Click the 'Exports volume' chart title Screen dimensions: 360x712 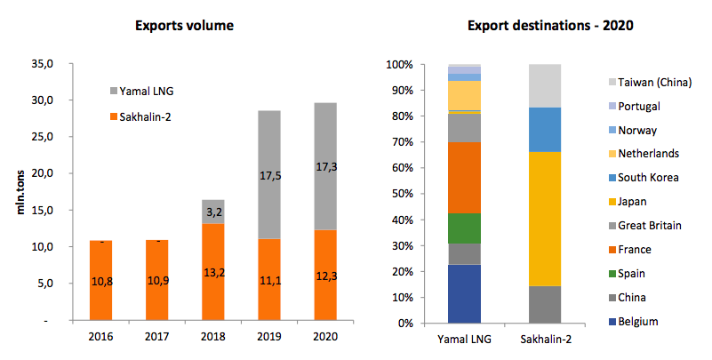[184, 25]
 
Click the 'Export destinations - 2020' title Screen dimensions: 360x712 [538, 25]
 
